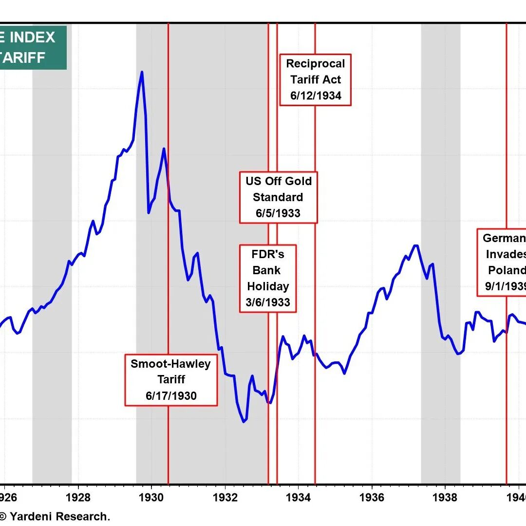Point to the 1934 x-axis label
tap(298, 498)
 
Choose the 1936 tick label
tap(372, 498)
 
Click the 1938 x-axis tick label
tap(445, 498)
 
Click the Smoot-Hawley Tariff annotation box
tap(171, 380)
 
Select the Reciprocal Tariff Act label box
tap(315, 79)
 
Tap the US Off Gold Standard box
tap(278, 197)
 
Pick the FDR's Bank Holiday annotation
tap(268, 279)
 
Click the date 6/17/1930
tap(171, 396)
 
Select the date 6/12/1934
tap(316, 95)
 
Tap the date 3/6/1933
tap(268, 302)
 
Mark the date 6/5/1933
tap(278, 213)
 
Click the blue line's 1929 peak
tap(142, 72)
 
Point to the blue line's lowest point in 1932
tap(244, 422)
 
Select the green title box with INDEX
tap(32, 47)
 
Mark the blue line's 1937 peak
tap(415, 245)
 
